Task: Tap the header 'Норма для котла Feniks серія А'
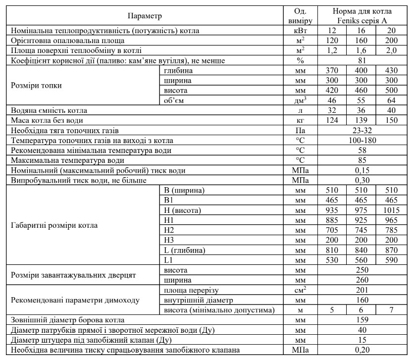point(362,16)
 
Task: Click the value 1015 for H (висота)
point(393,210)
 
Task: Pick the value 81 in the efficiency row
point(362,60)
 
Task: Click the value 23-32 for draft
point(362,131)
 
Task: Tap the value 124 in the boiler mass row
point(333,120)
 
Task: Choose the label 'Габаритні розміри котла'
point(54,225)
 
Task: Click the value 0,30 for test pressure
point(362,180)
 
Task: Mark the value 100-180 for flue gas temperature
point(362,141)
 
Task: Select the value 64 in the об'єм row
point(393,101)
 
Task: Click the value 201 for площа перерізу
point(362,290)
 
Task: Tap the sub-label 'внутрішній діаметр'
point(196,300)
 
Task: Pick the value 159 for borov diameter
point(362,320)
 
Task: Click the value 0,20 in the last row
point(362,350)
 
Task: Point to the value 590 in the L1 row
point(393,259)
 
